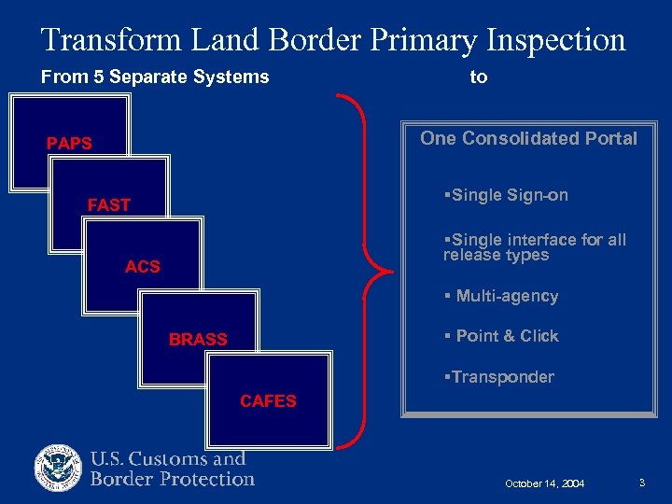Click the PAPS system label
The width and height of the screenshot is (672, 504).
(x=70, y=144)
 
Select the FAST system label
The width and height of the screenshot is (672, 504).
(x=108, y=205)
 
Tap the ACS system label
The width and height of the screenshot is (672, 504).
(x=143, y=267)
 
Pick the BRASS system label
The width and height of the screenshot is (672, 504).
(x=198, y=340)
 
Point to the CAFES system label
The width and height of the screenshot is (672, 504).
(x=268, y=401)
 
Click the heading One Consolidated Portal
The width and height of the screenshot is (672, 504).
(x=528, y=139)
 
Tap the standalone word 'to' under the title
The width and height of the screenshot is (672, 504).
(x=479, y=77)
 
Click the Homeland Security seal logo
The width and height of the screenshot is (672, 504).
(x=59, y=469)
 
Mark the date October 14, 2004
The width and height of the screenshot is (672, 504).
(x=545, y=483)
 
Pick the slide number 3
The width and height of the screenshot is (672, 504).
(x=643, y=483)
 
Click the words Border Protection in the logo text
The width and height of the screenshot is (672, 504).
(x=173, y=480)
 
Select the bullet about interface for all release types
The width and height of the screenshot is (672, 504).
(x=535, y=247)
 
